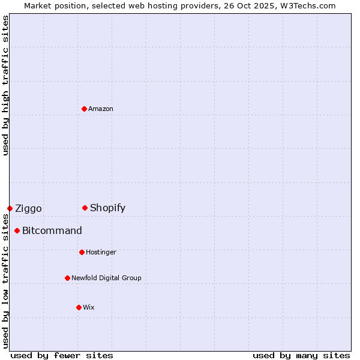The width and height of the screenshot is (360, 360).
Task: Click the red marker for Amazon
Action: [x=85, y=109]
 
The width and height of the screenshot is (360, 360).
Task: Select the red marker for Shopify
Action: [x=85, y=208]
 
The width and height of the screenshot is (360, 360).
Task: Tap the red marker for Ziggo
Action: [x=10, y=208]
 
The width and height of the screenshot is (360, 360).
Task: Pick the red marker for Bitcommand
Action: [x=17, y=230]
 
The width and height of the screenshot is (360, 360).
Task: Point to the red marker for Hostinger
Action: [x=82, y=252]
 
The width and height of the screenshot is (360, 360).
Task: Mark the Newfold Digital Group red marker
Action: [x=68, y=278]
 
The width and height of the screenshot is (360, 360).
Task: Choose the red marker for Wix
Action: [x=79, y=307]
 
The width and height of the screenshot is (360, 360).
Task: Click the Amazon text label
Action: [x=101, y=109]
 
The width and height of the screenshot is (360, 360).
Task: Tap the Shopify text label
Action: [x=107, y=208]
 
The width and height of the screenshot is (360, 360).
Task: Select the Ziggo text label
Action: [x=28, y=208]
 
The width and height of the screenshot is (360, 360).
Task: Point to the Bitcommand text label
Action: [x=52, y=230]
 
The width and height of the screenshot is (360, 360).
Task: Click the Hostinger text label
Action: [x=101, y=252]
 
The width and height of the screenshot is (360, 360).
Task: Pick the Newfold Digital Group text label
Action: [x=106, y=278]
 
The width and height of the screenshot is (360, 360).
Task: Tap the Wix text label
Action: [x=89, y=307]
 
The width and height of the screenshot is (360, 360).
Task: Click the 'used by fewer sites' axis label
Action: [x=62, y=355]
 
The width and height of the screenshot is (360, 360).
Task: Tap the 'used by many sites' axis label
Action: [x=301, y=355]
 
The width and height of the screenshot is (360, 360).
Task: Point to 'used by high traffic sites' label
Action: [x=5, y=85]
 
